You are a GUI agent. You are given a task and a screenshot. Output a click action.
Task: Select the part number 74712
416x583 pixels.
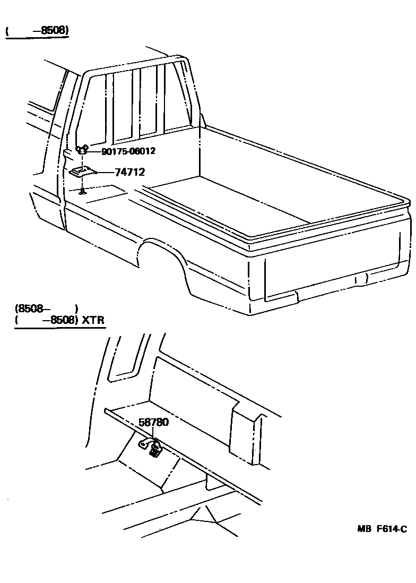point(129,172)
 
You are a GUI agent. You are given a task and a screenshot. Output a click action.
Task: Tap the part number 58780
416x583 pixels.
point(154,423)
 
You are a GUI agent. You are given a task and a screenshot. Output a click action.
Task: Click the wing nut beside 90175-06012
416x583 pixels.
point(82,150)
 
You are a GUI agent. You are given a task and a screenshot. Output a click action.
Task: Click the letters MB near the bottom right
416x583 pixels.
point(363,529)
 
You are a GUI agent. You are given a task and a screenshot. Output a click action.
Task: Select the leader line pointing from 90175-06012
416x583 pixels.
point(94,151)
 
